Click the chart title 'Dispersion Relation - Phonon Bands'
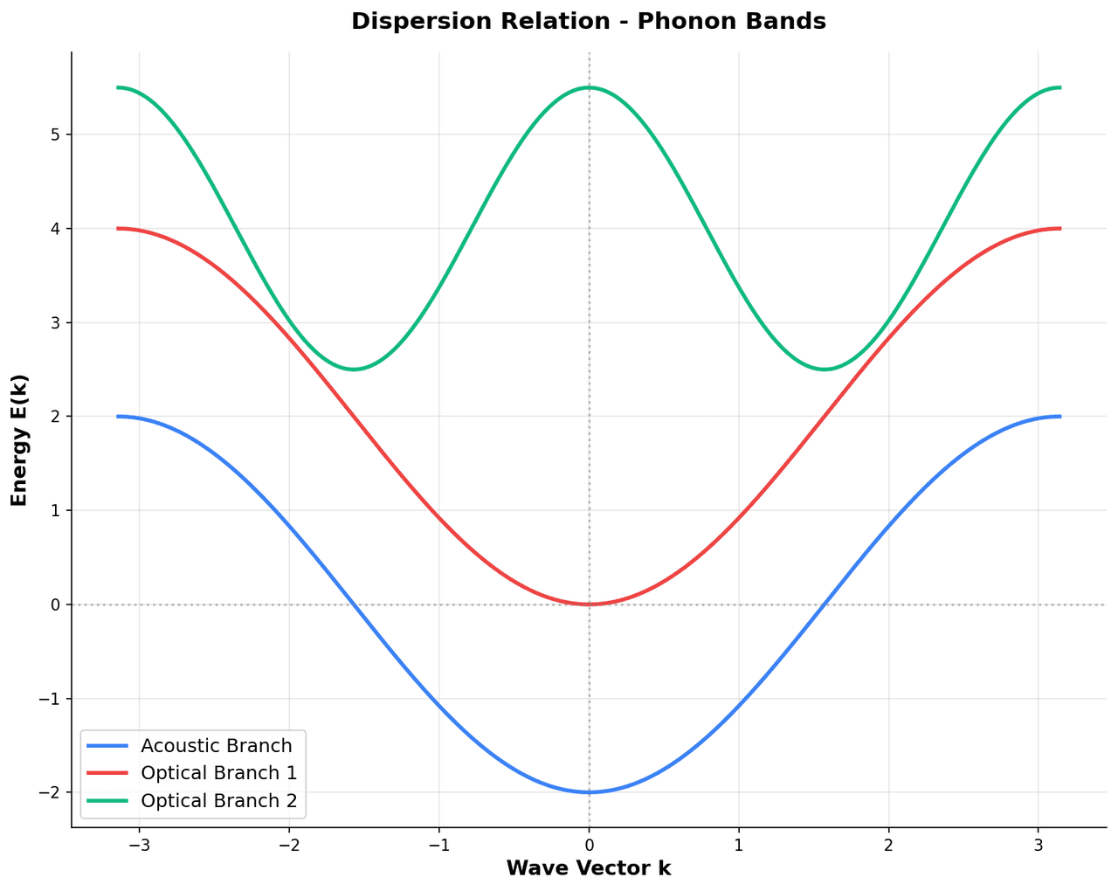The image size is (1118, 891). click(x=588, y=22)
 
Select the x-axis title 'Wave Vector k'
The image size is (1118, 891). click(x=588, y=868)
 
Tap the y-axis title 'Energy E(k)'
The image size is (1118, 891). click(x=19, y=440)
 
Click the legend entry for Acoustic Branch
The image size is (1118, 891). click(x=216, y=746)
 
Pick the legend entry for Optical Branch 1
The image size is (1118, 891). click(x=218, y=773)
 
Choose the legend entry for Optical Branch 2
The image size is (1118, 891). click(x=218, y=800)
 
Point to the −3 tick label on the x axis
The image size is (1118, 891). click(x=139, y=846)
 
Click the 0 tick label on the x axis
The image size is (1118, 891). click(x=589, y=846)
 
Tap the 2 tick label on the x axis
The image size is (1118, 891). click(x=888, y=846)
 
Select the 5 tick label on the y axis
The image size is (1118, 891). click(x=54, y=135)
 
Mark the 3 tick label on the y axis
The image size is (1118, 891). click(x=54, y=322)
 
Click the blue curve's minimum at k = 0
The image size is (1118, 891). click(x=589, y=792)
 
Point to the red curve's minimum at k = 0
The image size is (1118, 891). click(x=589, y=604)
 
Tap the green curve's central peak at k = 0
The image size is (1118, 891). click(x=589, y=87)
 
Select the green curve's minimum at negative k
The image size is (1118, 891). click(x=353, y=370)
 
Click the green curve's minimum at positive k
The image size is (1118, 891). click(x=825, y=370)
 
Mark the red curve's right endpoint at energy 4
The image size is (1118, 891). click(x=1059, y=229)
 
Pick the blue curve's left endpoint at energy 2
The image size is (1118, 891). click(x=118, y=417)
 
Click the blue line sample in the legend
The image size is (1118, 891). click(x=109, y=746)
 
